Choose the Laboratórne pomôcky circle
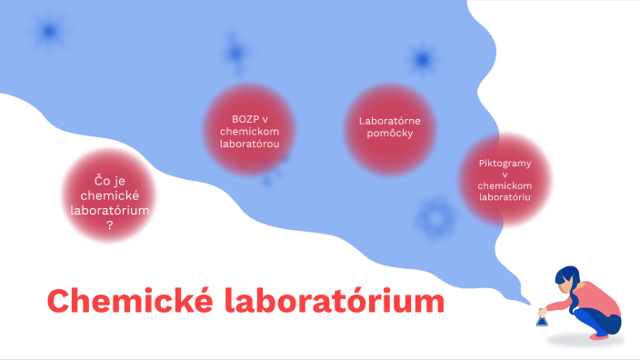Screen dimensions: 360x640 pos(389,127)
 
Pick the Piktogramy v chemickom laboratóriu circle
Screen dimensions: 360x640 pos(504,180)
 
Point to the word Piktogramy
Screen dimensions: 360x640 pos(504,163)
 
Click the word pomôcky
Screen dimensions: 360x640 pos(389,134)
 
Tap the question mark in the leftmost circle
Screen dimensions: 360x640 pos(109,225)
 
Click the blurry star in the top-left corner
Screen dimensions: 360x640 pos(47,32)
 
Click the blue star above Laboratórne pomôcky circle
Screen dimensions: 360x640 pos(421,60)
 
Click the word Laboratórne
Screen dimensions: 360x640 pos(389,120)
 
